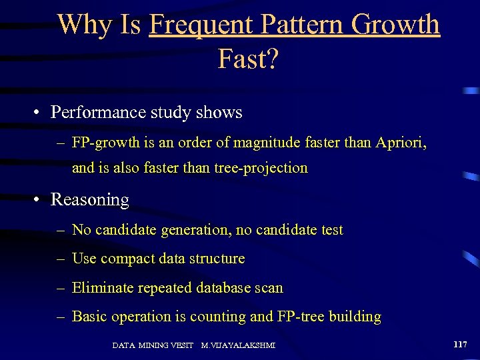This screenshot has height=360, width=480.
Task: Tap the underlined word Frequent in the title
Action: [200, 25]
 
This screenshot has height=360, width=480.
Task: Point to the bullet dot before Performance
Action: [39, 112]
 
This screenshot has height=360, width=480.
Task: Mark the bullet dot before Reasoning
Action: [39, 200]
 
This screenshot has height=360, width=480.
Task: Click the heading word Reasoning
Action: [90, 200]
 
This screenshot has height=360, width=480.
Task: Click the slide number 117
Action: [459, 345]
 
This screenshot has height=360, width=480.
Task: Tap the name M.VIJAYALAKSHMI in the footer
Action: [238, 345]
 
